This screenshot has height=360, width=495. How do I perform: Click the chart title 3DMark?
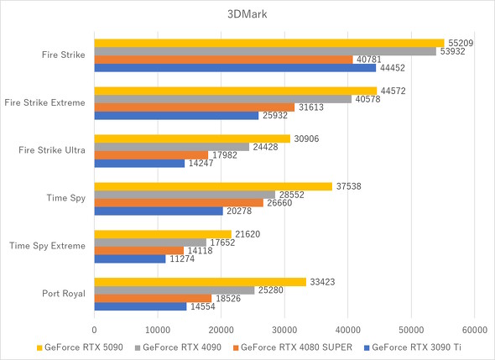coord(247,15)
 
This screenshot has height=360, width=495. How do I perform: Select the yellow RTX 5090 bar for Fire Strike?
coord(268,43)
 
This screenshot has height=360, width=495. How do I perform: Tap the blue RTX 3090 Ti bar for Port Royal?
coord(140,307)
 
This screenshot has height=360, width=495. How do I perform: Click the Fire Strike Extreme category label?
coord(44,102)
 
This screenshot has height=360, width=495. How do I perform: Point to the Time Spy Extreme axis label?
coord(47,246)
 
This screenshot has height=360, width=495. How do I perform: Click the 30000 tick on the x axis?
coord(284,330)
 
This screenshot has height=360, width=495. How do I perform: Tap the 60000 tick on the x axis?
coord(474,330)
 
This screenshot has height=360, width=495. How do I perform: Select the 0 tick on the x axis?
coord(95,330)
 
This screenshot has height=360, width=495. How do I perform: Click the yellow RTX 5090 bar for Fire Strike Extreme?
coord(235,91)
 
